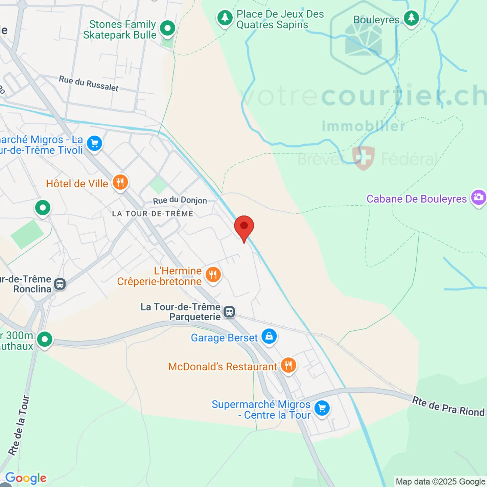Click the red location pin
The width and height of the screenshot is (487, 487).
click(x=244, y=227)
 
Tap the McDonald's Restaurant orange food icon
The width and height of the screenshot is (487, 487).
click(x=288, y=366)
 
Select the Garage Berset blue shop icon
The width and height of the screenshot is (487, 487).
click(x=269, y=337)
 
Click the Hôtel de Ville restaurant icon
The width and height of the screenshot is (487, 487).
click(x=120, y=183)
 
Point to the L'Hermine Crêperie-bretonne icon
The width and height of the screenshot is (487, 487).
click(x=213, y=275)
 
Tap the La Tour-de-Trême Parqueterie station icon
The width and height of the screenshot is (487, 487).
click(x=229, y=311)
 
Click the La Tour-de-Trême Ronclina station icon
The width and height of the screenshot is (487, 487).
click(x=60, y=284)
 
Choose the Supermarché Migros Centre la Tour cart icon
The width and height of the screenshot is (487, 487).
click(x=322, y=409)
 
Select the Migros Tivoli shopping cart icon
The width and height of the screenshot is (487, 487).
click(x=95, y=144)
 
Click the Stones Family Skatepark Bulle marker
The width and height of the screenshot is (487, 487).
click(x=167, y=28)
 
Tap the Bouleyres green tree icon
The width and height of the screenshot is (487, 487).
click(x=411, y=18)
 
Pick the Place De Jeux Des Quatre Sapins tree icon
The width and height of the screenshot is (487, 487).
click(x=225, y=18)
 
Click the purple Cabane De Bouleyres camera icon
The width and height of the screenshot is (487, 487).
click(x=479, y=197)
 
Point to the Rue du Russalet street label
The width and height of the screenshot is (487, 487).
click(x=89, y=84)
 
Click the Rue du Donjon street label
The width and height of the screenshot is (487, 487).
click(x=180, y=200)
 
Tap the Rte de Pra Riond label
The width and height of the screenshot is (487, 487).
click(x=448, y=407)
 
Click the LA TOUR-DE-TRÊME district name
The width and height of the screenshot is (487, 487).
click(x=153, y=214)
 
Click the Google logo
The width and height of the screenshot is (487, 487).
click(x=26, y=478)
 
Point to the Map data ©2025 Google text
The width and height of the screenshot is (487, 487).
click(x=440, y=482)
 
